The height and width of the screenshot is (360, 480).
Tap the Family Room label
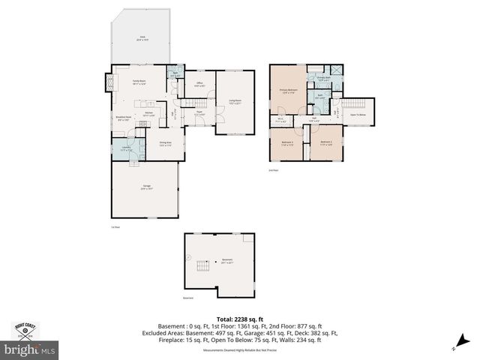pos(139,82)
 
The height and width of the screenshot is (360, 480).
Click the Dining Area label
pos(166,143)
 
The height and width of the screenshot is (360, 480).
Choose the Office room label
pos(199,84)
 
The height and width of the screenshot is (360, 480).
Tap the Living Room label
pos(234,101)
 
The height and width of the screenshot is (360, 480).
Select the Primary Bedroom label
pos(289,91)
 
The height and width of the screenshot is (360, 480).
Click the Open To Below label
pos(358,115)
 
